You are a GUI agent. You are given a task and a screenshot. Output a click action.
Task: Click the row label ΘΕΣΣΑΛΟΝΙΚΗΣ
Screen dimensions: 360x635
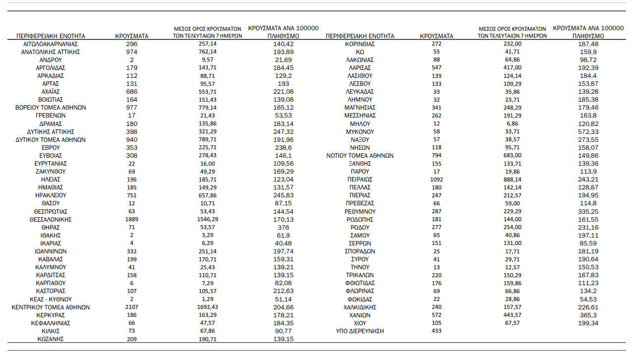tap(51, 219)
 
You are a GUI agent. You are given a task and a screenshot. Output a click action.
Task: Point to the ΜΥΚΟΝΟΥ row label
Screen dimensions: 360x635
tap(360, 131)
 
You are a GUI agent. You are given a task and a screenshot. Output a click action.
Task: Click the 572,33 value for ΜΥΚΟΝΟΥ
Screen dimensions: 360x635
tap(588, 131)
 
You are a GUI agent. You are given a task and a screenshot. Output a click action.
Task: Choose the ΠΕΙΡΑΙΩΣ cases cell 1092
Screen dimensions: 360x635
tap(436, 179)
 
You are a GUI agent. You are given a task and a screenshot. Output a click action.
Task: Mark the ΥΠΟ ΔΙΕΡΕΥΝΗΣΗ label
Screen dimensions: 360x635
tap(360, 331)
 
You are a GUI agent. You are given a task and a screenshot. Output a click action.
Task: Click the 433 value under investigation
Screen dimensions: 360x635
tap(436, 331)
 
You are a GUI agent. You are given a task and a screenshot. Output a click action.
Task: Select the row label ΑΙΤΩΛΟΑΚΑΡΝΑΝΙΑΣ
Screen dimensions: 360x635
tap(51, 44)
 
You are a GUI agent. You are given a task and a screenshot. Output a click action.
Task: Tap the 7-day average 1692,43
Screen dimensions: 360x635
tap(207, 307)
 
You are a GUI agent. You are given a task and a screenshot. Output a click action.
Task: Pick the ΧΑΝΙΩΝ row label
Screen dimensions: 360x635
tap(360, 315)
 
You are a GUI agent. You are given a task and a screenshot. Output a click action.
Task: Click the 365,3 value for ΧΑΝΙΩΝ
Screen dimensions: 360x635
tap(588, 315)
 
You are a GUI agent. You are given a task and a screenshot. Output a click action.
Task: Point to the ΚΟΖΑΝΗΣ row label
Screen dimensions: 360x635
tap(51, 339)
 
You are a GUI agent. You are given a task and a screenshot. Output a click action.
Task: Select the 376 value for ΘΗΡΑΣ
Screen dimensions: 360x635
tap(283, 227)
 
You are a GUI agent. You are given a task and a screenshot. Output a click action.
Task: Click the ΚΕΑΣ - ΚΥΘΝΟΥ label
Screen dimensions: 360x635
tap(51, 299)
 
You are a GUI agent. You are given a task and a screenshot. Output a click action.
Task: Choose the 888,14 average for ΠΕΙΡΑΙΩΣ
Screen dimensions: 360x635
tap(512, 179)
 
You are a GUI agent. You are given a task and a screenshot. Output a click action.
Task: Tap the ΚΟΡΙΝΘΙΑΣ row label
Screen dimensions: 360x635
tap(360, 44)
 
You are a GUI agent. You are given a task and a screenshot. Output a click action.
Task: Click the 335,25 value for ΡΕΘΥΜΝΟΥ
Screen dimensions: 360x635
tap(588, 211)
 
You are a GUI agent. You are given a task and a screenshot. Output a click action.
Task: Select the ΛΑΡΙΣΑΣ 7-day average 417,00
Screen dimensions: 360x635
tap(512, 67)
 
